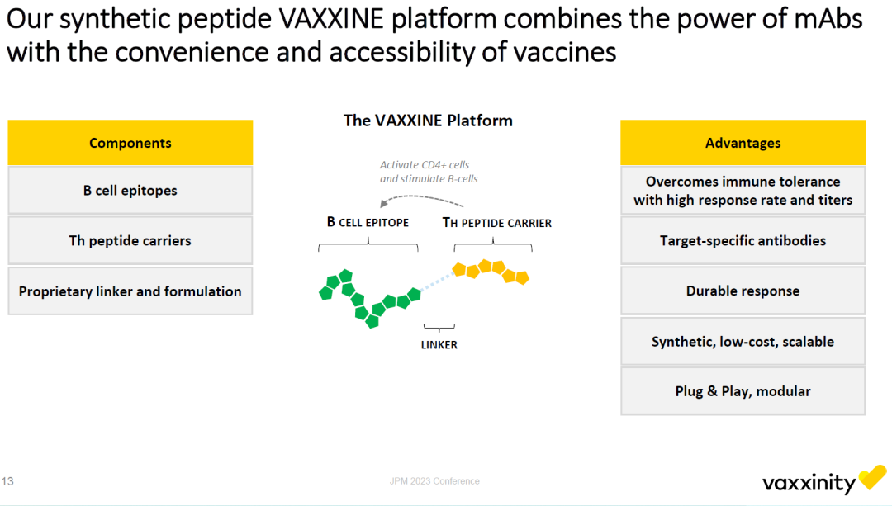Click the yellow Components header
coord(130,143)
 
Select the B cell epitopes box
coord(130,191)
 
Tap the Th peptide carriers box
coord(130,240)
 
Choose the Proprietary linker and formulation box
coord(130,291)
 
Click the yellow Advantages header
coord(743,143)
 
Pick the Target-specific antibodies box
coord(743,240)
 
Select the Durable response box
coord(743,291)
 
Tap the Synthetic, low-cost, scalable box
coord(743,341)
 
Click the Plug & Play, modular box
coord(743,391)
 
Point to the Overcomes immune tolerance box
coord(743,191)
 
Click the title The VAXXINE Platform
coord(428,121)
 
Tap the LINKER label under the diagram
coord(439,344)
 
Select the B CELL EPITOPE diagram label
coord(368,222)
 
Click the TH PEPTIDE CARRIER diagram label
coord(496,223)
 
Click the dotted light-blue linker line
coord(437,282)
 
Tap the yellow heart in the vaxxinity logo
coord(873,476)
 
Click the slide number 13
coord(7,481)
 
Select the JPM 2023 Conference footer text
coord(434,481)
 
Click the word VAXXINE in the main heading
coord(332,19)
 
